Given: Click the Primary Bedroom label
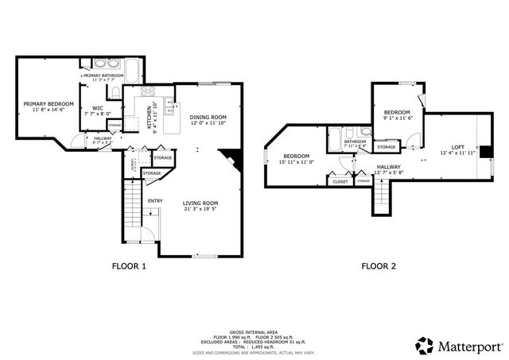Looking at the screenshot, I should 48,104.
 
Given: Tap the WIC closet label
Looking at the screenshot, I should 98,108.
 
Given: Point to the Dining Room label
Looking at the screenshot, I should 208,118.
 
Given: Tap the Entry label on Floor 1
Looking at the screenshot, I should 155,200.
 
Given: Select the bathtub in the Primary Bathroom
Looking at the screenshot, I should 103,65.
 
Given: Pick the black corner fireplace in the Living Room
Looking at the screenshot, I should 229,157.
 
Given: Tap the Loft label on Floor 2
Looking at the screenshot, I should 457,147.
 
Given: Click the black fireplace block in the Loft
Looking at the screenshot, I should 483,151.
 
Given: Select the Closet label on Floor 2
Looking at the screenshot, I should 340,181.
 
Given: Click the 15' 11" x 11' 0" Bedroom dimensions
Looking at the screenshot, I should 297,162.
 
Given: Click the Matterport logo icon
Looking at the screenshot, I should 425,345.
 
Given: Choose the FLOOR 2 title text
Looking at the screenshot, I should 379,267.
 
